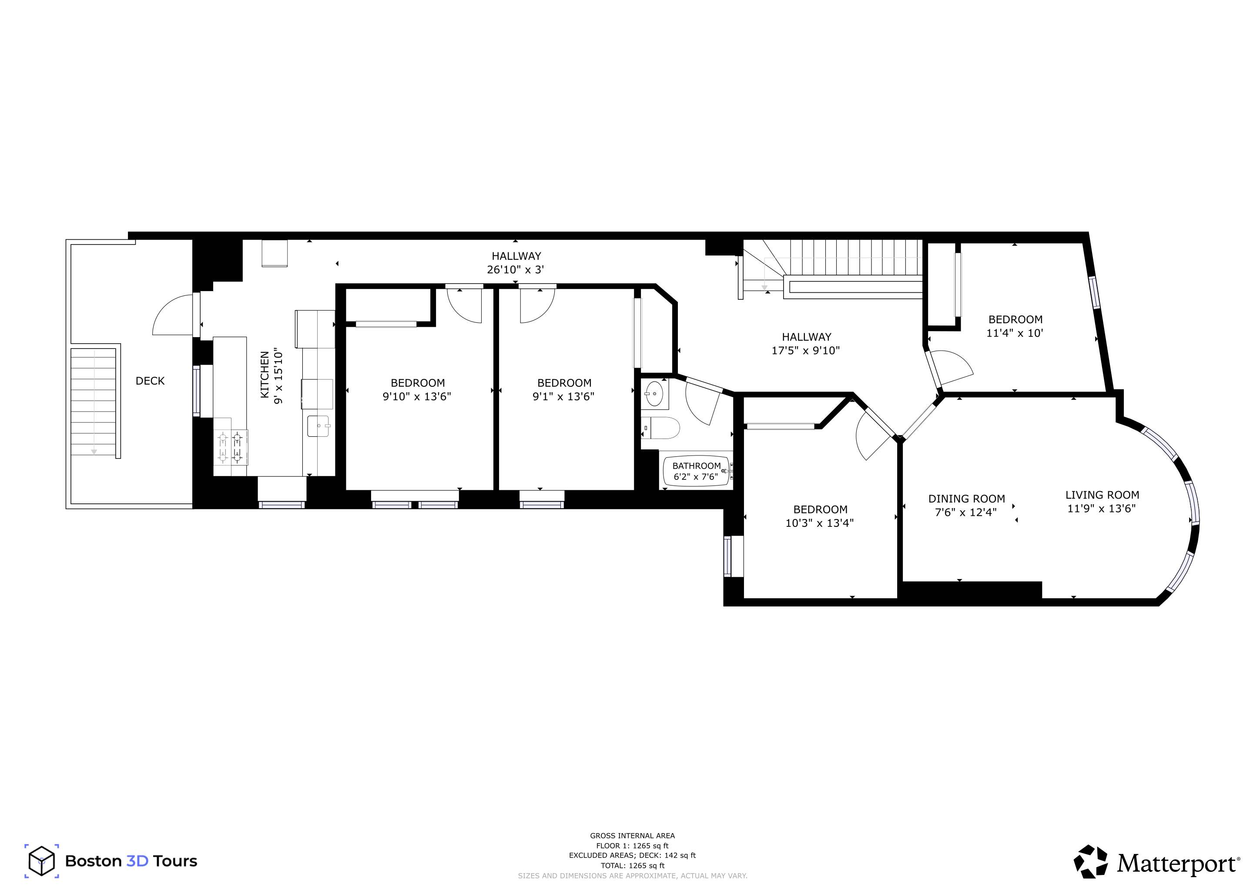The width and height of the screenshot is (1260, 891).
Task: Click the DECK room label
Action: [x=150, y=381]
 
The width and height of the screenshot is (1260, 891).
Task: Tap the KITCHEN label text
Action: [x=265, y=375]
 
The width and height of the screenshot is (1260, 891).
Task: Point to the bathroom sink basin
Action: [x=654, y=393]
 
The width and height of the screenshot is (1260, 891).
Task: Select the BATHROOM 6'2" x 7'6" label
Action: [x=697, y=471]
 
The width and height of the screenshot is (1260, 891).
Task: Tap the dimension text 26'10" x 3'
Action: [x=515, y=270]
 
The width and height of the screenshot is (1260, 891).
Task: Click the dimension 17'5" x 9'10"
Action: [x=806, y=351]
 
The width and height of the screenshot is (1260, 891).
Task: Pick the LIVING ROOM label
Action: [x=1102, y=495]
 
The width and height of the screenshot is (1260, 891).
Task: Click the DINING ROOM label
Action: [x=966, y=499]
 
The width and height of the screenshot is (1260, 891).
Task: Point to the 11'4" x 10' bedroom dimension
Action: [x=1015, y=333]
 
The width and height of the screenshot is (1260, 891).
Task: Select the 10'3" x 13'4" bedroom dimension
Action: [x=819, y=523]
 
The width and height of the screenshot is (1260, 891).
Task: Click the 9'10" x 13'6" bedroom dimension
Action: [x=416, y=397]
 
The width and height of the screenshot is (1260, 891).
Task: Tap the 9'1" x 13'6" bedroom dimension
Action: [x=563, y=397]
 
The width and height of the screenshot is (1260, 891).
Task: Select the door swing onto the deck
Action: [x=172, y=315]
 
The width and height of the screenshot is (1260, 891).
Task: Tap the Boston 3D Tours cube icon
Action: [x=42, y=861]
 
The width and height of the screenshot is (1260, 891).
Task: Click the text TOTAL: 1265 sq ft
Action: [x=632, y=866]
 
